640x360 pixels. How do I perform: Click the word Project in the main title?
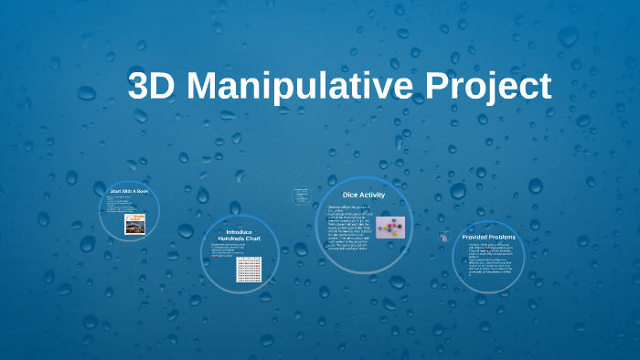click(x=488, y=87)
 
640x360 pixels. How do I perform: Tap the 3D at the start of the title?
click(x=155, y=87)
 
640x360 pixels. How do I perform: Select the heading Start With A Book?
click(x=129, y=190)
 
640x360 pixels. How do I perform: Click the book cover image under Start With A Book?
click(x=135, y=223)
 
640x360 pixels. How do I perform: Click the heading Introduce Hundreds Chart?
click(x=239, y=236)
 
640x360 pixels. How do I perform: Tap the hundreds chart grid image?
click(x=249, y=269)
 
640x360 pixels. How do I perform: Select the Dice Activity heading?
click(x=363, y=195)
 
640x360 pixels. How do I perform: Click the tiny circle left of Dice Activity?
click(x=301, y=195)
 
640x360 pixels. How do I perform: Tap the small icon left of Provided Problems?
click(x=443, y=237)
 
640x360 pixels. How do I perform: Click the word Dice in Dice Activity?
click(x=349, y=195)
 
